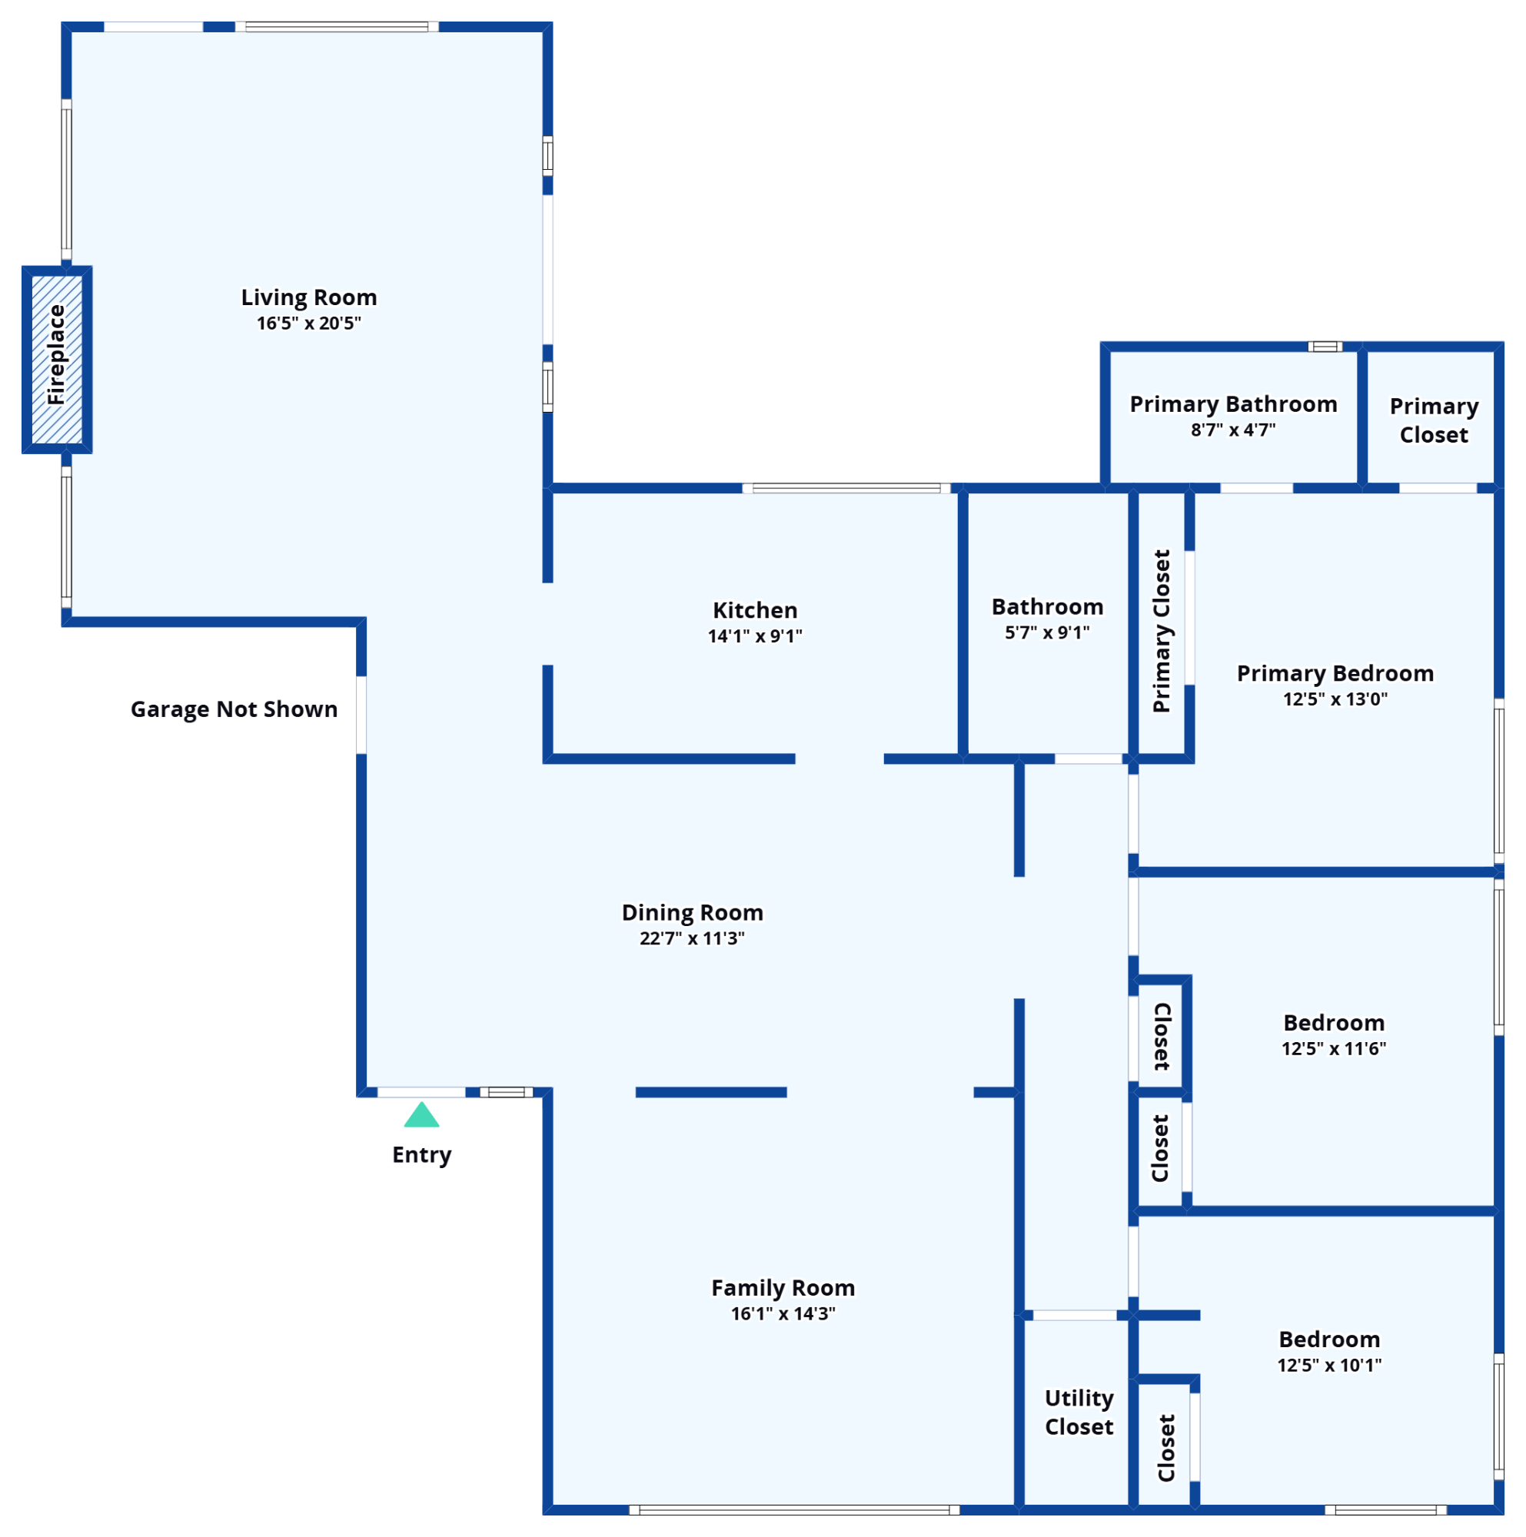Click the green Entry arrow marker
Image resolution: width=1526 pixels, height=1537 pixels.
click(422, 1115)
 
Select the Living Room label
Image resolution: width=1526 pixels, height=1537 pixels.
click(310, 297)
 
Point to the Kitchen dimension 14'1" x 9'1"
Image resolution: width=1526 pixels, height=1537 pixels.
click(755, 636)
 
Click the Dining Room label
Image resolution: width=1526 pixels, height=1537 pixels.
click(692, 912)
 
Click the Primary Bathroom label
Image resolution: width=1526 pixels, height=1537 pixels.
click(1234, 404)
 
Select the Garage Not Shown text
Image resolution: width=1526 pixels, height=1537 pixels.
click(234, 709)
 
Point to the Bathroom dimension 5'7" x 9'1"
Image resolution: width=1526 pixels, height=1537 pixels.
click(1048, 633)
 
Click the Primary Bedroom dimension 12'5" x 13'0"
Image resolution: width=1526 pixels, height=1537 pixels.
click(1336, 699)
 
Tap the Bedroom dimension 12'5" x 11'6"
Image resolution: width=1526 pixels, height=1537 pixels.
click(1335, 1048)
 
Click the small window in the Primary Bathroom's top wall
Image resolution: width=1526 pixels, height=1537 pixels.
click(1325, 347)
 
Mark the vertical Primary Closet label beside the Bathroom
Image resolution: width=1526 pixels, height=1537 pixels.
click(1162, 631)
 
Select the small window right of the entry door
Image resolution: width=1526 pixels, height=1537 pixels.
click(507, 1092)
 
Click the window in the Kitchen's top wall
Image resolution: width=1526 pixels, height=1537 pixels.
click(846, 489)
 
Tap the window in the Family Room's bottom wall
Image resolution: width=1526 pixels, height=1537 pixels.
click(794, 1510)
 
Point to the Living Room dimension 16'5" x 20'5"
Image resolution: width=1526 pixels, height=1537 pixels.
click(310, 324)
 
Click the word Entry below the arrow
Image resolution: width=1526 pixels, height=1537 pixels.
click(422, 1155)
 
